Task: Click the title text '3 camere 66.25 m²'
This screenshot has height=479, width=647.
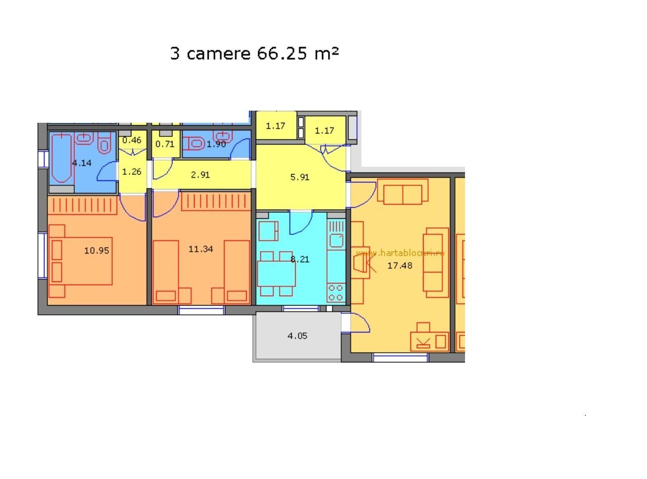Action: [x=254, y=53]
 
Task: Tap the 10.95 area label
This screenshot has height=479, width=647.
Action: [x=97, y=250]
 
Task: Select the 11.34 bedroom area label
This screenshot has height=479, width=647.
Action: [x=201, y=249]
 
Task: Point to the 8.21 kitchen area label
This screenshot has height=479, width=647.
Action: [x=300, y=259]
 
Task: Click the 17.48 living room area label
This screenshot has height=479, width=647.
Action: [x=400, y=265]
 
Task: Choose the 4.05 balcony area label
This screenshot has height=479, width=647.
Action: [x=297, y=336]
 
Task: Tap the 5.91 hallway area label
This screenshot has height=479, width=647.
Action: [x=300, y=177]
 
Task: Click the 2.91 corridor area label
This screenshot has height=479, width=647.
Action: [x=200, y=175]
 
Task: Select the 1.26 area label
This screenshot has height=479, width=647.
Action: [x=131, y=171]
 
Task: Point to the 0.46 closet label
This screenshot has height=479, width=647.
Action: [x=131, y=140]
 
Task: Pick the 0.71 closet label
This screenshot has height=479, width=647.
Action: [x=165, y=143]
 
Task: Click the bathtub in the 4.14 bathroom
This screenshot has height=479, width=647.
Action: [x=62, y=158]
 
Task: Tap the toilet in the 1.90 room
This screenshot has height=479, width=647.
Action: [x=194, y=143]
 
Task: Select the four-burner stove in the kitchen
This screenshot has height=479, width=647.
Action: [x=336, y=293]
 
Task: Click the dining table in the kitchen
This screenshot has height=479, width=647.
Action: [x=276, y=273]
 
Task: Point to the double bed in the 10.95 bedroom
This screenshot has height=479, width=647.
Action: [x=81, y=261]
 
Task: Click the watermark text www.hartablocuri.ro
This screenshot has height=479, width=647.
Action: [x=400, y=253]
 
